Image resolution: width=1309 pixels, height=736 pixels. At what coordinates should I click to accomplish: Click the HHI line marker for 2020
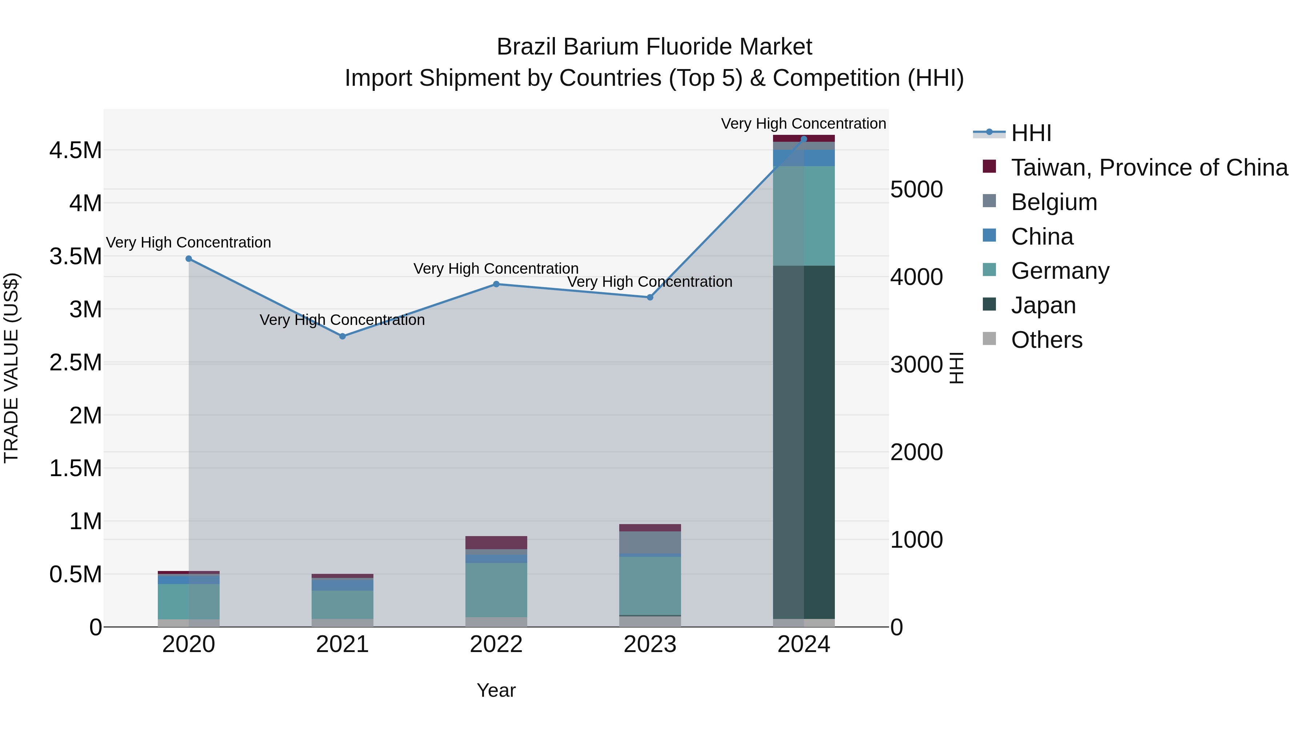(188, 258)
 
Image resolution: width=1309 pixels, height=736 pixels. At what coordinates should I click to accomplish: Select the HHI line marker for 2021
(343, 336)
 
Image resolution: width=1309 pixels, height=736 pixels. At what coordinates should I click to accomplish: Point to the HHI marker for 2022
(496, 284)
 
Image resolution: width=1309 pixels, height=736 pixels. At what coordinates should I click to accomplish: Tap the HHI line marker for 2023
(650, 297)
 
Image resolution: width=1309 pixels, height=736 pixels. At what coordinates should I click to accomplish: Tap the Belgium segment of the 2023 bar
(650, 543)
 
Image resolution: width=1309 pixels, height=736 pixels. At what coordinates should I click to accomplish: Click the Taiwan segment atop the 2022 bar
(496, 543)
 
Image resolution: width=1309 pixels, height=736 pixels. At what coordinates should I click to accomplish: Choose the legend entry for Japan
(1043, 305)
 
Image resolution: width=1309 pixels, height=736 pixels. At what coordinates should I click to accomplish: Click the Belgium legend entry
(1053, 202)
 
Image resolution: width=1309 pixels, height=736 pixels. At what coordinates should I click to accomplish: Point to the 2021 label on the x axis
(343, 644)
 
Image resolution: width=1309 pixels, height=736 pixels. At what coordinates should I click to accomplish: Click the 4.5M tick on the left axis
(76, 151)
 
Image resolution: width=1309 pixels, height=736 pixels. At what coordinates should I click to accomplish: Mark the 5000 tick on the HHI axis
(917, 189)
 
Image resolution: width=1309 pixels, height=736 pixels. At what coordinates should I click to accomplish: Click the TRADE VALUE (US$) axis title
(12, 368)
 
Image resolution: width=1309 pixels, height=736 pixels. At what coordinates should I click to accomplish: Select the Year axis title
(496, 690)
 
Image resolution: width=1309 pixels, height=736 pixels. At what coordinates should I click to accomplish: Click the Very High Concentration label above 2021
(342, 320)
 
